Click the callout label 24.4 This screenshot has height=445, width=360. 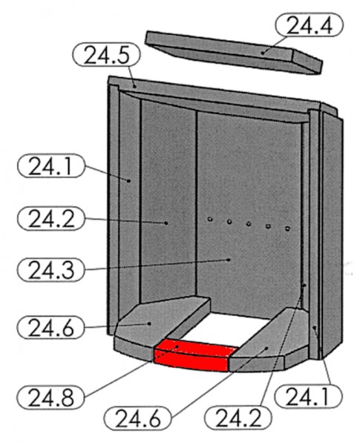click(309, 24)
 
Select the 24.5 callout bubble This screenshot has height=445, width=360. click(106, 54)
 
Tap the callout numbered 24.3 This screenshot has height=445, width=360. click(51, 270)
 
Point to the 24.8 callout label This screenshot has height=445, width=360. click(51, 397)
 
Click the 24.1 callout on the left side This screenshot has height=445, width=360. click(51, 166)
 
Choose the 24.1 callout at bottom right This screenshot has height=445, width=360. click(308, 396)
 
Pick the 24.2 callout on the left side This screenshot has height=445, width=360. click(51, 218)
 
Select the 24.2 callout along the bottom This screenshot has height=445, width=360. click(238, 418)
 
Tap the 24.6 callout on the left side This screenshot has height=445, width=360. click(51, 328)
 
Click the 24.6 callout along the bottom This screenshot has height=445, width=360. click(138, 418)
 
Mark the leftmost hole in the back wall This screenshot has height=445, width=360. click(210, 219)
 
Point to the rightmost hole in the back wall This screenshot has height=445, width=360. click(287, 228)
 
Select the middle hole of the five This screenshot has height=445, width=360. click(249, 224)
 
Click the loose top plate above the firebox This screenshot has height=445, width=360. click(234, 52)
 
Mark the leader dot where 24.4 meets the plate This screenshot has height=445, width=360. click(263, 53)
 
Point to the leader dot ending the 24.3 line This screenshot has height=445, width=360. click(229, 260)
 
